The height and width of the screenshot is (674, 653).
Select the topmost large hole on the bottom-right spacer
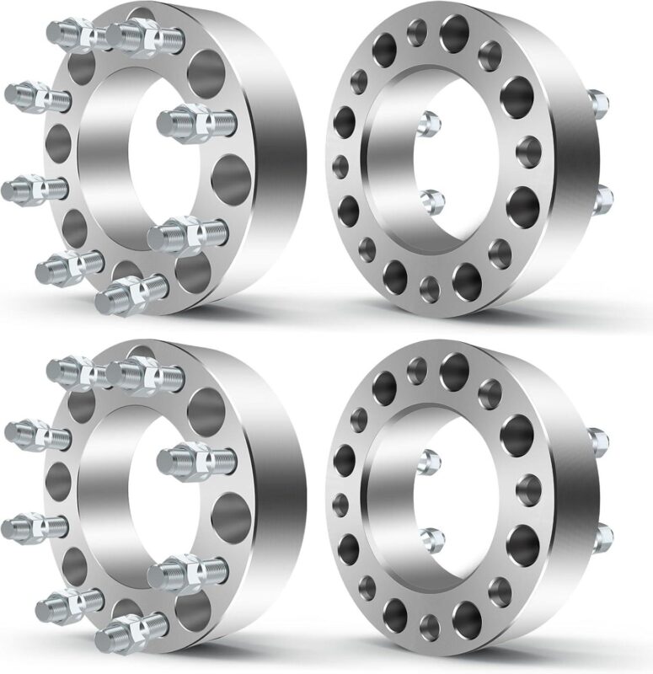(x=454, y=366)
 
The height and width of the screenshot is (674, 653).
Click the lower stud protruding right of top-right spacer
(x=603, y=199)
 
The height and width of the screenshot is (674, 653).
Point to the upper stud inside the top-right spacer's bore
(x=429, y=120)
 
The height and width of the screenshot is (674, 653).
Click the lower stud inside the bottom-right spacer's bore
(x=431, y=538)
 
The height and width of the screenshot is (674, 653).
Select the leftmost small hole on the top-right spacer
(x=340, y=163)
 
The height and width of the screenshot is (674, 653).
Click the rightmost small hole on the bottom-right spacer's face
(x=529, y=488)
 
